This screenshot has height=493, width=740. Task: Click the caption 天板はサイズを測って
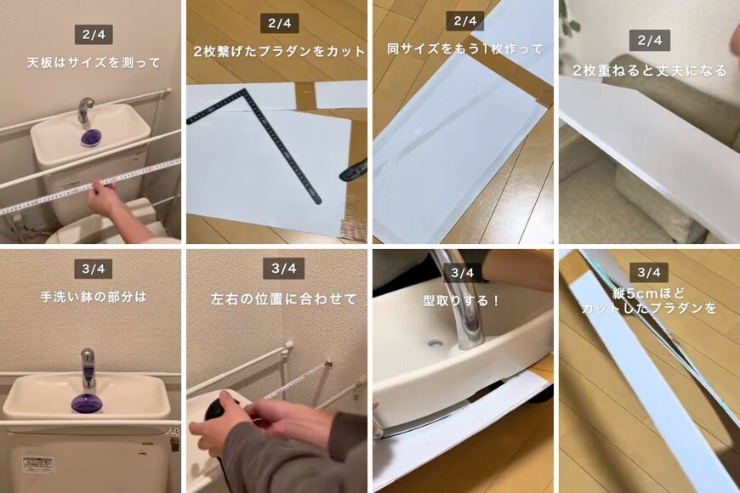click(x=94, y=63)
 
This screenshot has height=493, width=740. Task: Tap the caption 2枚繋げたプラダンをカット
click(x=278, y=51)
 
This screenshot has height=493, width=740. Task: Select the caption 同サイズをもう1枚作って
click(x=464, y=48)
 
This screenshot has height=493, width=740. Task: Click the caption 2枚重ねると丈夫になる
click(x=649, y=70)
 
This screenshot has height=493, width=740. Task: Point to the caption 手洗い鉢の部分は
click(x=94, y=297)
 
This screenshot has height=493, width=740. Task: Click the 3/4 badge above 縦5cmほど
click(x=649, y=272)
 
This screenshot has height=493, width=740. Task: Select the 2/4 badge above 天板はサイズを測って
click(x=94, y=35)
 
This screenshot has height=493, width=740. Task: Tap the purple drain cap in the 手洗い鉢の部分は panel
click(x=87, y=402)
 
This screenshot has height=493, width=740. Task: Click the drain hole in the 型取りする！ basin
click(x=435, y=344)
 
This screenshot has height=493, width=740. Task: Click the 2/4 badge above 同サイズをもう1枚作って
click(x=464, y=21)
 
